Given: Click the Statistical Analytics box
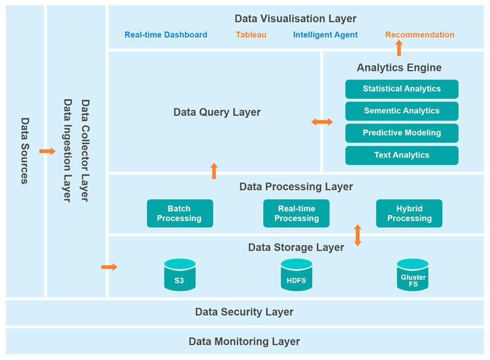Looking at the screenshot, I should point(401,89).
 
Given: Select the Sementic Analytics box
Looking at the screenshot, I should point(401,111).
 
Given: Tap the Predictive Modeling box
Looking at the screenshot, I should point(401,133).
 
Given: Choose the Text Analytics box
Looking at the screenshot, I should point(401,155).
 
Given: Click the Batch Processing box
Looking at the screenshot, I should point(180,213).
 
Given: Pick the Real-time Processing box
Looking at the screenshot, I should point(296,213).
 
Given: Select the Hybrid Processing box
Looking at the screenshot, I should point(409,213).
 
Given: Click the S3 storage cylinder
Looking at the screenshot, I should point(180,275).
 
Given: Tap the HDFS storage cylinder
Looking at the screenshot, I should point(296,275).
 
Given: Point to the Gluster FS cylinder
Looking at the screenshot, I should point(413,275).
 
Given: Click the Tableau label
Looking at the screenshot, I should point(251,35).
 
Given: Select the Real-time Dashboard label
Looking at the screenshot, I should point(166,35).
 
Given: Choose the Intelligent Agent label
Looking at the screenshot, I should point(325,35).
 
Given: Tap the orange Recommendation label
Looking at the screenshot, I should point(420,35).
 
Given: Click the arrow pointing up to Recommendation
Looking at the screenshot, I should point(399,48).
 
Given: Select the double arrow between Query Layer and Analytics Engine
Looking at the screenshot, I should point(322,122).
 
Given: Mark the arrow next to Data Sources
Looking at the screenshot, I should point(47,151).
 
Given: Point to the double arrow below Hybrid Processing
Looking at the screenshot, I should point(358,235).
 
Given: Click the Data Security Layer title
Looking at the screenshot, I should point(244,312).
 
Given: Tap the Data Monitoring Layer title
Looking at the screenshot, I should point(244,342).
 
